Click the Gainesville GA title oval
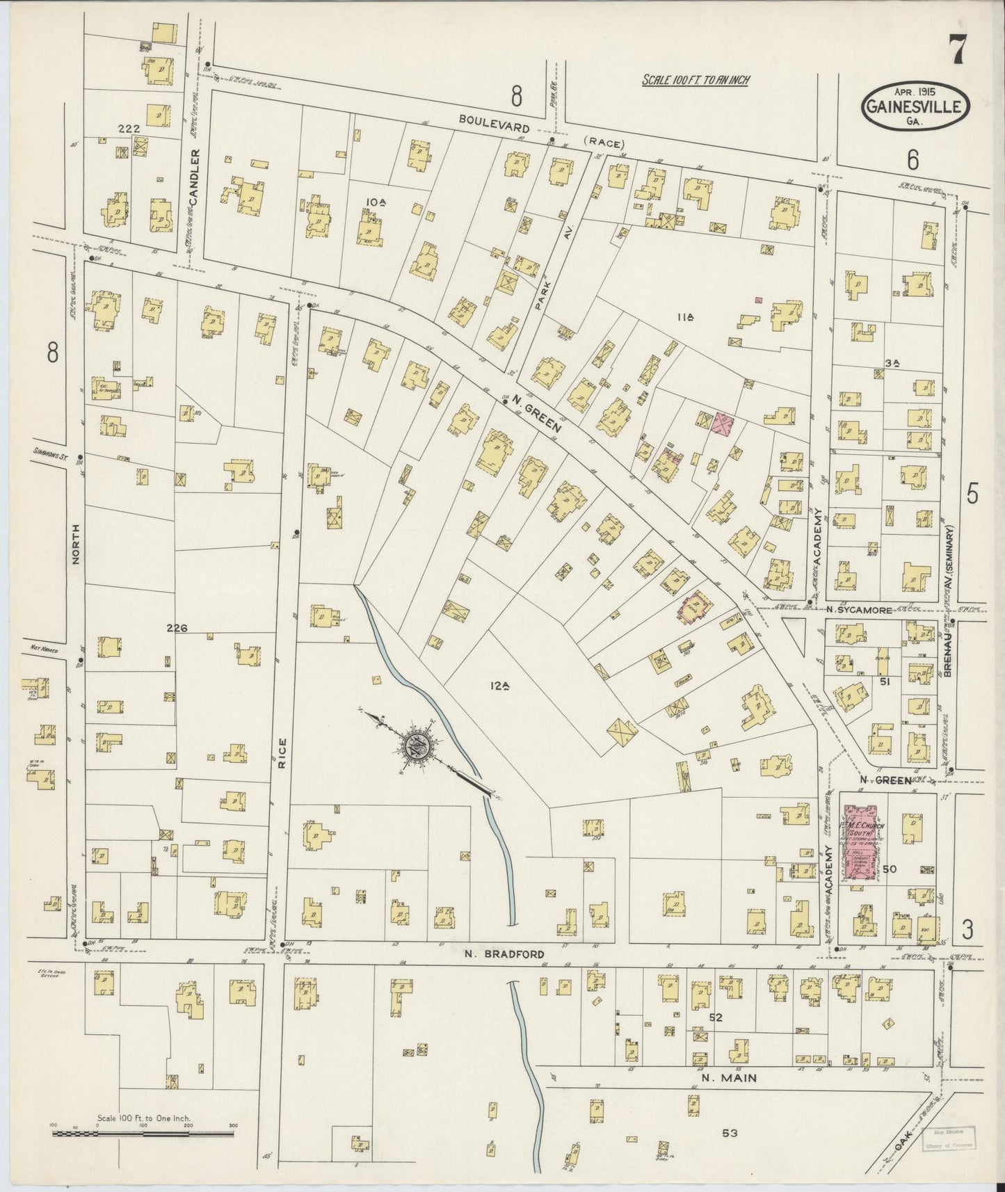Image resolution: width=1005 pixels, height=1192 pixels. point(915,107)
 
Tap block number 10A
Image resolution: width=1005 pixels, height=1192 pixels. point(376,202)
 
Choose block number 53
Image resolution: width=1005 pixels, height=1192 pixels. point(729,1133)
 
